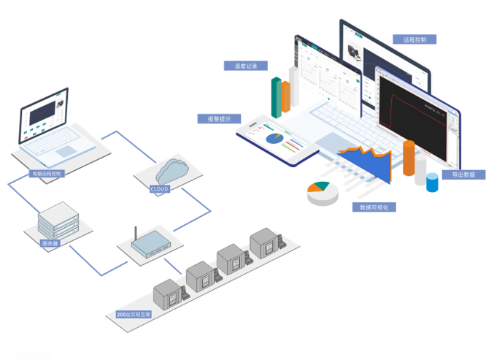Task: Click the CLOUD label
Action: pos(159,189)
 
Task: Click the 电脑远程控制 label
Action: pos(46,174)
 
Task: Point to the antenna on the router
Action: pos(135,234)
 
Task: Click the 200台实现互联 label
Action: pos(134,315)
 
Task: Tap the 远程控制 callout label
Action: pos(414,39)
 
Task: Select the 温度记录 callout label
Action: pos(245,66)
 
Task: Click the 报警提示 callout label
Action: pos(219,118)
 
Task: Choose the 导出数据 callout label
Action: pos(463,175)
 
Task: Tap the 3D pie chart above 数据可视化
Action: pos(322,192)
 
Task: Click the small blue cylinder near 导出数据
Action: pos(433,183)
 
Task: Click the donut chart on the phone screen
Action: pos(275,138)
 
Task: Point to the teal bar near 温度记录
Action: pos(277,97)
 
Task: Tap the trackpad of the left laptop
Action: pos(66,151)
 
